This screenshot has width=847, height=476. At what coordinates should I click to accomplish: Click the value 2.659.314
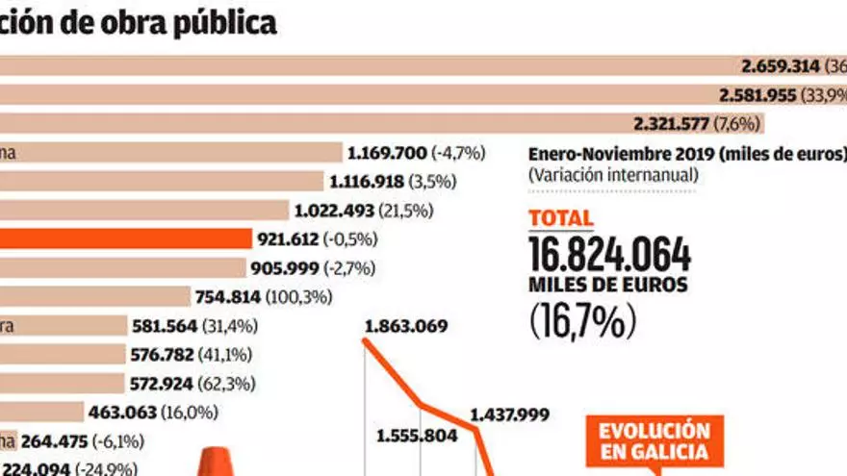pos(781,66)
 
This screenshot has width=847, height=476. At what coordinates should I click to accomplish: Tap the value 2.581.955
pos(758,95)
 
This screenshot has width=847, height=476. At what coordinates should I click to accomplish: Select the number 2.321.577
pos(672,124)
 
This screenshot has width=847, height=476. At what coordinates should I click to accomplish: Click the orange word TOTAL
pos(560,218)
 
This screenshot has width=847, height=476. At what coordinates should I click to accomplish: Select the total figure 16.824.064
pos(609,255)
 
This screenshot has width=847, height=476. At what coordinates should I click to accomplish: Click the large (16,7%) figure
pos(583,320)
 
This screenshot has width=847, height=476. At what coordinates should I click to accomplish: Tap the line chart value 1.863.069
pos(405,327)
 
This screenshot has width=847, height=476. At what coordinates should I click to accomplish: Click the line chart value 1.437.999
pos(509,415)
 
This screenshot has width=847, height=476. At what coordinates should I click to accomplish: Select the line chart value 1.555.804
pos(417,435)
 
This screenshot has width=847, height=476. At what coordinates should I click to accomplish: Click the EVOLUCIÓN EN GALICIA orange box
pos(647,441)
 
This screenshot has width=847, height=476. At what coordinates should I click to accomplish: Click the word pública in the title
pos(227,22)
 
